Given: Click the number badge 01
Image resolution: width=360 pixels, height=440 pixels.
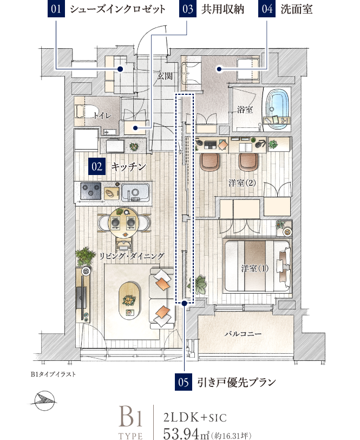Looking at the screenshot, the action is pyautogui.click(x=56, y=9).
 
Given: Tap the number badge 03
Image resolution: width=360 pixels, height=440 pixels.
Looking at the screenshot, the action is pyautogui.click(x=187, y=9).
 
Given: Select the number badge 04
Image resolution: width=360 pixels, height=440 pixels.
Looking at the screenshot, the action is pyautogui.click(x=267, y=9).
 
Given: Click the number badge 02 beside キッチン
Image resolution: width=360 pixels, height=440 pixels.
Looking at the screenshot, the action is pyautogui.click(x=97, y=166).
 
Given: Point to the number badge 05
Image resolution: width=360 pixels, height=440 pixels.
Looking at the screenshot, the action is pyautogui.click(x=184, y=382).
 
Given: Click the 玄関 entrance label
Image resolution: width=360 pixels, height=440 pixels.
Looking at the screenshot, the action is pyautogui.click(x=165, y=76).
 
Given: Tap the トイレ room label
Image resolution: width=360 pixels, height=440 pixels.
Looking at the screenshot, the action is pyautogui.click(x=103, y=115).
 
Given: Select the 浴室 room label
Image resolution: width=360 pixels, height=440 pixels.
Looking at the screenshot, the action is pyautogui.click(x=245, y=109).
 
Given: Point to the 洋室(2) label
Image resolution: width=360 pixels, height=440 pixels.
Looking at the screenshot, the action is pyautogui.click(x=242, y=183).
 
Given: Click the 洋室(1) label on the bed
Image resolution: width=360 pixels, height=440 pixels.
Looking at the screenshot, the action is pyautogui.click(x=254, y=269).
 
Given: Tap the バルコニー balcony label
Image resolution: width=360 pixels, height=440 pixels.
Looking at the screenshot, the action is pyautogui.click(x=243, y=334).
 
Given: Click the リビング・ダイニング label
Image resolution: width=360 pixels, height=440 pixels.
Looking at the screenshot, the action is pyautogui.click(x=132, y=256).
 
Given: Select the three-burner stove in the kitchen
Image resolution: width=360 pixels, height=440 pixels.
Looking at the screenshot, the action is pyautogui.click(x=91, y=191).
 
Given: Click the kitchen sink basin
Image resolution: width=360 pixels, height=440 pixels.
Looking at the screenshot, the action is pyautogui.click(x=135, y=192).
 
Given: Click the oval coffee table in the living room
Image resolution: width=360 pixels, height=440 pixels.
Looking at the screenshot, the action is pyautogui.click(x=129, y=301).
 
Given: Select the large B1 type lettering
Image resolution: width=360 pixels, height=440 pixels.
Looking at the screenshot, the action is pyautogui.click(x=130, y=416).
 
